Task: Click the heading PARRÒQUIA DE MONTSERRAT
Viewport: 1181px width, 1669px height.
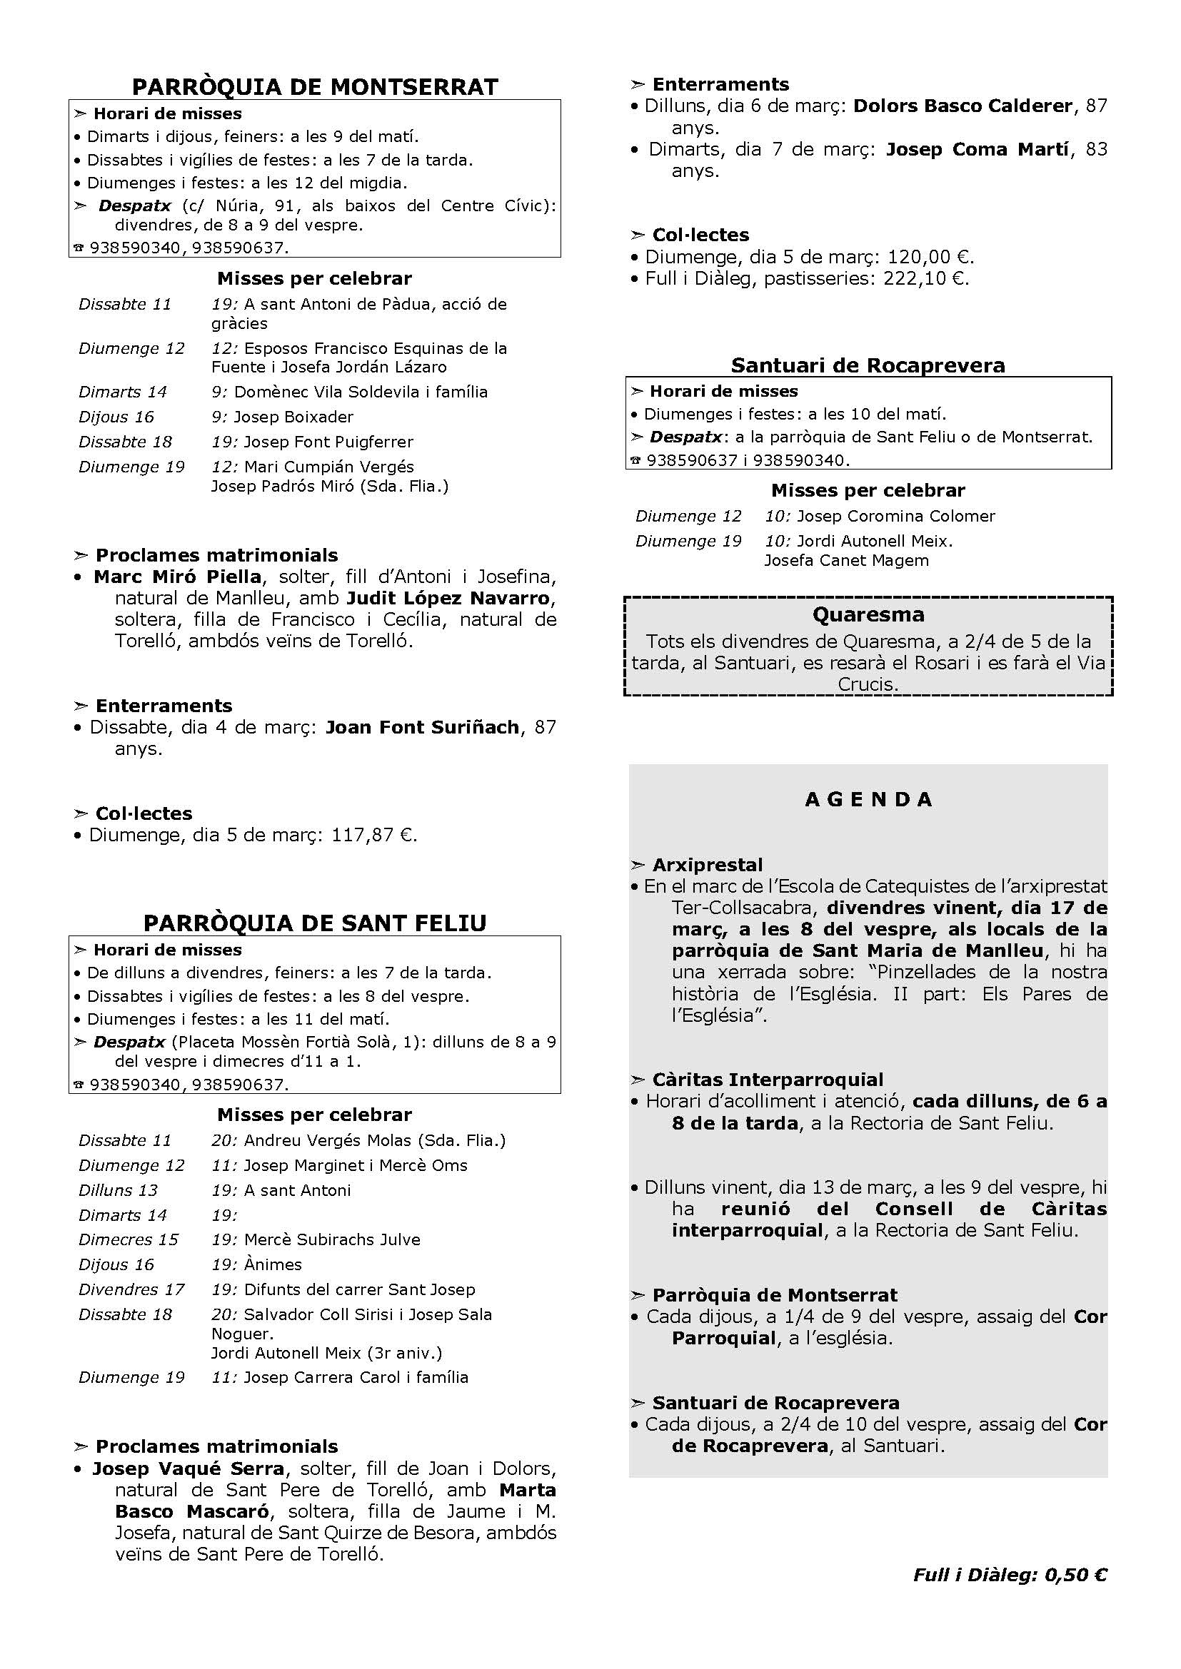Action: click(x=315, y=87)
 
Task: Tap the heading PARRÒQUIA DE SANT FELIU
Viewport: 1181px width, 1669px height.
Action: click(x=315, y=923)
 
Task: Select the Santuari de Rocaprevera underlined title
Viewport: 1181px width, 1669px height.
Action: click(x=868, y=365)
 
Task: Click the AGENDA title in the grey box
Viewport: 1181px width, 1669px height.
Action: click(x=868, y=800)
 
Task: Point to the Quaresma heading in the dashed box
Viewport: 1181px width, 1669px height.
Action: click(x=868, y=615)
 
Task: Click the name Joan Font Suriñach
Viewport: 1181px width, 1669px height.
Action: click(x=422, y=728)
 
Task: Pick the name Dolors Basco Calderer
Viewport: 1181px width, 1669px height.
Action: click(x=963, y=106)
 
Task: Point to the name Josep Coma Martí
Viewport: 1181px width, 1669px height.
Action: click(x=978, y=150)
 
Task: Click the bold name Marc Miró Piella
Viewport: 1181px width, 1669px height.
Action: click(x=178, y=577)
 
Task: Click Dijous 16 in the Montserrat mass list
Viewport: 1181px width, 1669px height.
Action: click(x=116, y=417)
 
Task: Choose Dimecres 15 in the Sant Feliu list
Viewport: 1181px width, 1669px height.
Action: click(x=128, y=1240)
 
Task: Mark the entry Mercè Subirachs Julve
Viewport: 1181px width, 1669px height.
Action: click(x=331, y=1240)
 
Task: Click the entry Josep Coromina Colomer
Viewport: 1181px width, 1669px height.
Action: click(x=895, y=517)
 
